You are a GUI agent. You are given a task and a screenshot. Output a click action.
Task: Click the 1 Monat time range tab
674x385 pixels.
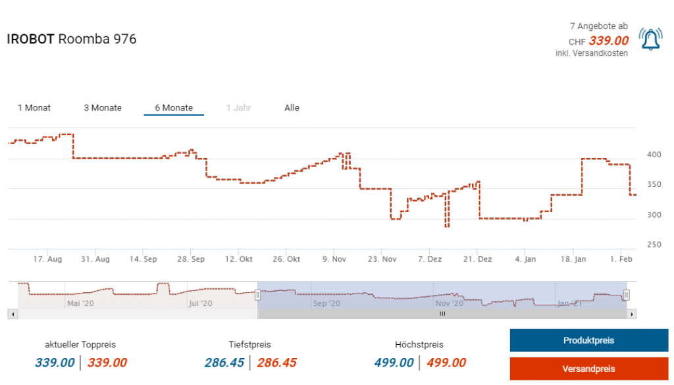pyautogui.click(x=34, y=108)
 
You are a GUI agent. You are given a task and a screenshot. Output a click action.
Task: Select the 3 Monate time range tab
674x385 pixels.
pyautogui.click(x=103, y=108)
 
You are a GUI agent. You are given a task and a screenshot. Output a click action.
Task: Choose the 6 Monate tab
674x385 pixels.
pyautogui.click(x=174, y=108)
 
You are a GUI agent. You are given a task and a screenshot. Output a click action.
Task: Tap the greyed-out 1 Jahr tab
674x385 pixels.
pyautogui.click(x=238, y=108)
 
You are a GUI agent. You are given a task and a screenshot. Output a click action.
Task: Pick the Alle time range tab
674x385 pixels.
pyautogui.click(x=292, y=108)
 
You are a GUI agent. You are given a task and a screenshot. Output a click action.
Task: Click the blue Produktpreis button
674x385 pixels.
pyautogui.click(x=588, y=340)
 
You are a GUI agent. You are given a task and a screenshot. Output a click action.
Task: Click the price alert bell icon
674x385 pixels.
pyautogui.click(x=650, y=40)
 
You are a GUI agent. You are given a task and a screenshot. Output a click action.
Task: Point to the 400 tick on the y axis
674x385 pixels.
pyautogui.click(x=653, y=155)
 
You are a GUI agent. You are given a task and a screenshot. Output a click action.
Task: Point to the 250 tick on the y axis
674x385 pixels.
pyautogui.click(x=653, y=245)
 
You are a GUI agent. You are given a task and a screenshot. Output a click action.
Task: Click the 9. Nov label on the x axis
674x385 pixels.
pyautogui.click(x=334, y=259)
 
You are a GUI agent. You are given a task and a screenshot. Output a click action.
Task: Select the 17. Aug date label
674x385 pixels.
pyautogui.click(x=47, y=259)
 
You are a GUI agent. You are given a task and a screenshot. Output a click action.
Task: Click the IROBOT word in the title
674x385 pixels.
pyautogui.click(x=30, y=39)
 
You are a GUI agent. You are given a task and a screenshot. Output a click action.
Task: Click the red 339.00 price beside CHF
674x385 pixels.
pyautogui.click(x=609, y=41)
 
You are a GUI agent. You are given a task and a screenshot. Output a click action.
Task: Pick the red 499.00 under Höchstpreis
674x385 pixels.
pyautogui.click(x=446, y=363)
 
